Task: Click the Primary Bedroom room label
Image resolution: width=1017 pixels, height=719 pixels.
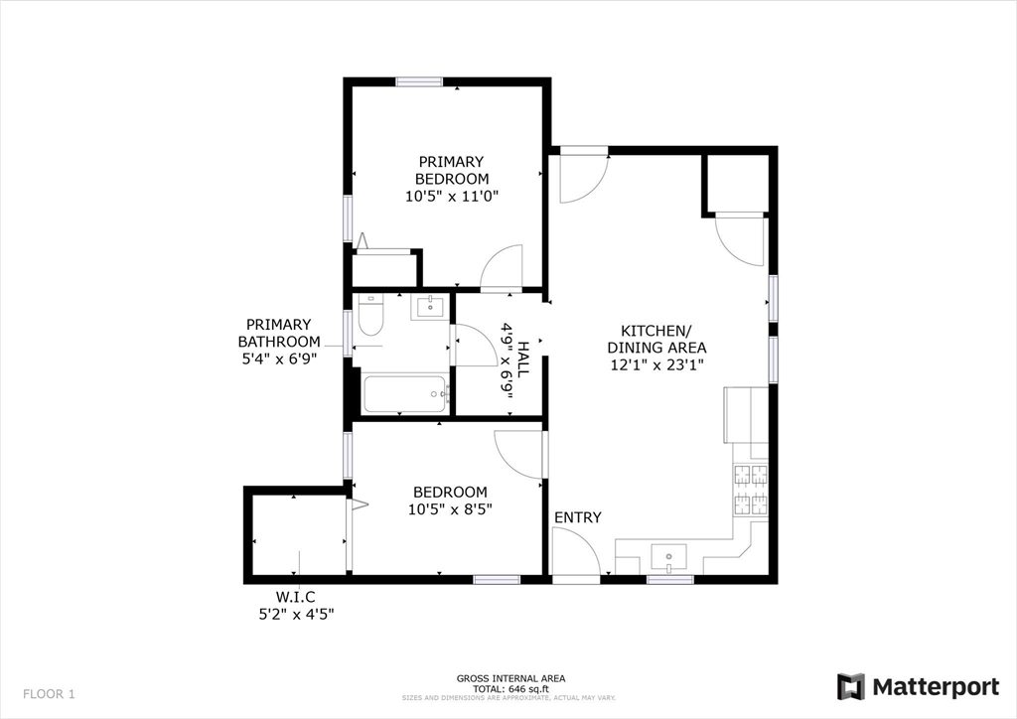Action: tap(451, 170)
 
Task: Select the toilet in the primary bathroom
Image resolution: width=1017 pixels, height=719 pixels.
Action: tap(370, 316)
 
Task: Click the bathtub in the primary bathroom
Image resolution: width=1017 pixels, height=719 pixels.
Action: tap(405, 394)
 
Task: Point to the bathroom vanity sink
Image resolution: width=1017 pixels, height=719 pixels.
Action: tap(430, 306)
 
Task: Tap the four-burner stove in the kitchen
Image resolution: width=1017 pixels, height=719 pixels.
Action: tap(751, 489)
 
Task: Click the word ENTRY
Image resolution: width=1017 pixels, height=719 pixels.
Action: tap(577, 517)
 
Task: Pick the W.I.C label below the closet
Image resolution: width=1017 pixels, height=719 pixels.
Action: tap(295, 596)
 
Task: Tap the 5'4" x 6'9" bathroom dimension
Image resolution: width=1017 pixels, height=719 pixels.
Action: tap(279, 359)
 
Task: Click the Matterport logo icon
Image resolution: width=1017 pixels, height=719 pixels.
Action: tap(850, 686)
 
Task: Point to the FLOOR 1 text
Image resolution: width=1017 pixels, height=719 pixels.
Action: tap(49, 693)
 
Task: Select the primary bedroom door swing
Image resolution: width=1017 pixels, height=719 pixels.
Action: tap(503, 266)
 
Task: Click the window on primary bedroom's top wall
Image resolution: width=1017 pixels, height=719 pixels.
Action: tap(418, 81)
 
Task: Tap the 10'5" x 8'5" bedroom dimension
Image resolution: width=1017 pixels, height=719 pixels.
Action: tap(451, 508)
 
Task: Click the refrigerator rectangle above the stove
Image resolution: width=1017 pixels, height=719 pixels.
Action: tap(746, 415)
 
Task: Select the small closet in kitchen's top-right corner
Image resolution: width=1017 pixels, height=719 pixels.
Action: tap(736, 183)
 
